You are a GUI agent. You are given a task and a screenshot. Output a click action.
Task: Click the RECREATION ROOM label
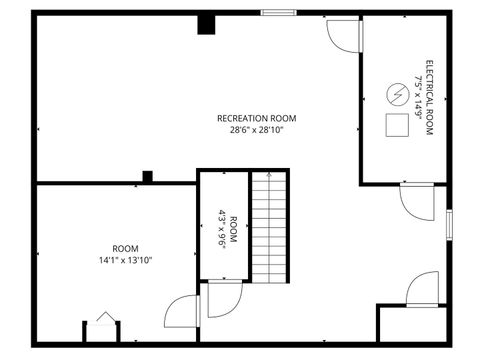(257, 118)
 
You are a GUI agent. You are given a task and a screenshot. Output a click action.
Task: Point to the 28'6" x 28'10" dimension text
(257, 130)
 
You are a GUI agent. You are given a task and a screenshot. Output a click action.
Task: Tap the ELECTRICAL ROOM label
(429, 98)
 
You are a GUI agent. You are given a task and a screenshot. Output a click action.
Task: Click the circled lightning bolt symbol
(397, 95)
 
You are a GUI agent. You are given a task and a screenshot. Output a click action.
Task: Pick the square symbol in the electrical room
(397, 125)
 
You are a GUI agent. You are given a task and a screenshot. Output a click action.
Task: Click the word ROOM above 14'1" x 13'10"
(125, 248)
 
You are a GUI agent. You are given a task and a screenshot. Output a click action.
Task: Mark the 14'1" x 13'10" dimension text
(125, 260)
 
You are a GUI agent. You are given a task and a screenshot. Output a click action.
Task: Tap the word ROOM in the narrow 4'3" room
(234, 229)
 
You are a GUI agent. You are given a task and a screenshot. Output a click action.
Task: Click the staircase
(268, 226)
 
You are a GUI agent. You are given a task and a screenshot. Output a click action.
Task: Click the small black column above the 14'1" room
(147, 177)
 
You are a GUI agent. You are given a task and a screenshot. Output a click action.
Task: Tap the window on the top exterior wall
(278, 12)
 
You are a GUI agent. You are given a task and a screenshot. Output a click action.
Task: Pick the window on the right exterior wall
(450, 224)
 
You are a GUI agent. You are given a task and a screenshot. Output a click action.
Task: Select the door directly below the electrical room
(416, 199)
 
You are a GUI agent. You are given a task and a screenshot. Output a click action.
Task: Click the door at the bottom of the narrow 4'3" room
(184, 309)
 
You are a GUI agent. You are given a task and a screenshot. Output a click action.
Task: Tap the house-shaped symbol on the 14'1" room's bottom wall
(105, 319)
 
